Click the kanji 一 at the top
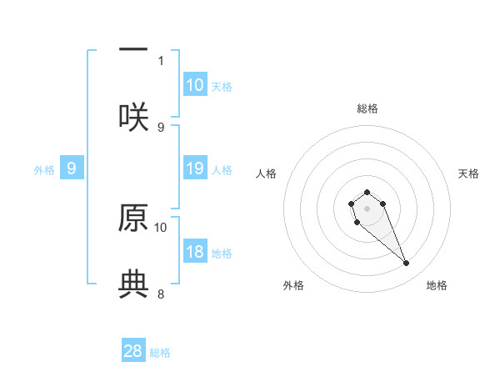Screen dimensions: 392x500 133,49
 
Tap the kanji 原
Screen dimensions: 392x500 133,216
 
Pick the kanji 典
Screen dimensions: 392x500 133,284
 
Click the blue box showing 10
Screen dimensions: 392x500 195,84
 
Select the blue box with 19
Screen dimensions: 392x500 195,168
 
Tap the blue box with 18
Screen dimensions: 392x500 195,252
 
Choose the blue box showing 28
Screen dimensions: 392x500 133,351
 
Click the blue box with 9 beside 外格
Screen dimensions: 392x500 72,168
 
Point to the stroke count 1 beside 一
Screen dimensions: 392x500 161,60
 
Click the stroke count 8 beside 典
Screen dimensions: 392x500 161,294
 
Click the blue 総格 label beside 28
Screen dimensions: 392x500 160,353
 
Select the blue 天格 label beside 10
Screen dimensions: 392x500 222,86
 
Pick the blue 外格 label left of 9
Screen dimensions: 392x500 44,170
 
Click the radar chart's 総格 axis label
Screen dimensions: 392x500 367,108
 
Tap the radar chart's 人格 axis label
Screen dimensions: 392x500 267,173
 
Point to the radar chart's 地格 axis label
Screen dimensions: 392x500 437,285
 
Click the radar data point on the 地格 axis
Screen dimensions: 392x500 407,264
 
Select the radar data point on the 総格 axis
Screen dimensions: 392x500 367,192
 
